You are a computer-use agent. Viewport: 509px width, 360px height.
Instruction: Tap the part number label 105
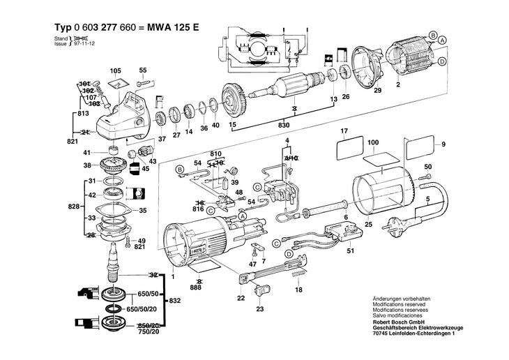(x=115, y=71)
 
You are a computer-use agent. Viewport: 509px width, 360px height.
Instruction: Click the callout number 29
(x=377, y=91)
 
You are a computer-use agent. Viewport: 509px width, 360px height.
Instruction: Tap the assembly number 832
(x=175, y=301)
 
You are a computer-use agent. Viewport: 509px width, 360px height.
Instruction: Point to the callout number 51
(x=351, y=250)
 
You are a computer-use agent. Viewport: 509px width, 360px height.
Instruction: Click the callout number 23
(x=260, y=308)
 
